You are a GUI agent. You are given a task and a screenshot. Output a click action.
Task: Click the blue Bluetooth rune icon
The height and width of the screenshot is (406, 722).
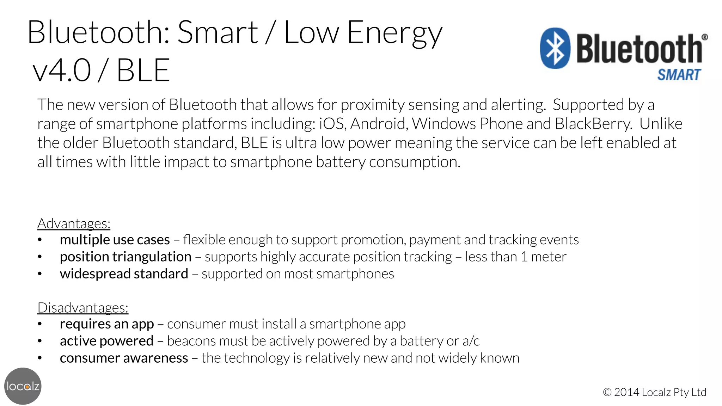[555, 48]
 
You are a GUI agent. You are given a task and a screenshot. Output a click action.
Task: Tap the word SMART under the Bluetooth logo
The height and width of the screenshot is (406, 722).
[679, 75]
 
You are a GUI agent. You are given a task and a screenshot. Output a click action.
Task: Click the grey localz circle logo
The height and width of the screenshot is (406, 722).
[23, 386]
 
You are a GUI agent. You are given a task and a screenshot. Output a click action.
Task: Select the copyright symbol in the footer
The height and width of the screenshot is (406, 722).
[607, 392]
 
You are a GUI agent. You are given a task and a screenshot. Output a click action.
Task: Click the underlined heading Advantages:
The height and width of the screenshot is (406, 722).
[74, 223]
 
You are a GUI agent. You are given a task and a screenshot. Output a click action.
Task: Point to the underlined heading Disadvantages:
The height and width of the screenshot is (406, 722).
[83, 308]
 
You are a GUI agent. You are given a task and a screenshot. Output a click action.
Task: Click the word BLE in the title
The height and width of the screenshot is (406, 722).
[143, 70]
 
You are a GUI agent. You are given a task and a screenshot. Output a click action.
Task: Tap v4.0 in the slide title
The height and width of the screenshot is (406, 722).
[62, 70]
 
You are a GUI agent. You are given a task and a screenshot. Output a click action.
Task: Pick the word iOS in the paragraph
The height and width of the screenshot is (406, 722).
[331, 124]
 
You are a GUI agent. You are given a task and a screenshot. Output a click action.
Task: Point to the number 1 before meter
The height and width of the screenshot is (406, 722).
[524, 257]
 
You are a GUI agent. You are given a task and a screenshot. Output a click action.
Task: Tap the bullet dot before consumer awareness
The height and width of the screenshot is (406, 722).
[40, 358]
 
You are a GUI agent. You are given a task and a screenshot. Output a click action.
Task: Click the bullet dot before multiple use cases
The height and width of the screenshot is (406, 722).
[40, 240]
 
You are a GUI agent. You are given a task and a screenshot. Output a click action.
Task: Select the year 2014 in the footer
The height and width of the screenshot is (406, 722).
[627, 392]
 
